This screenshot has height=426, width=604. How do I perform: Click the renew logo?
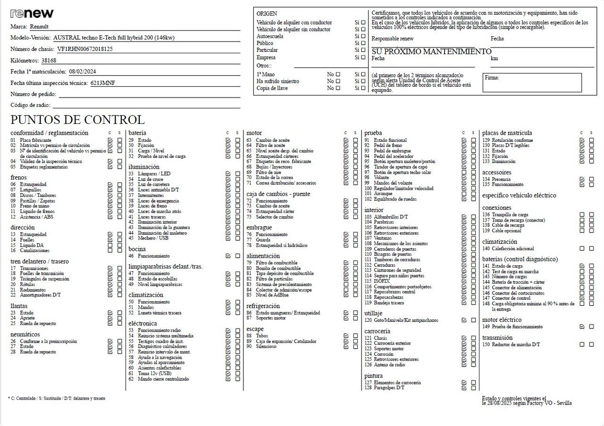pos(32,13)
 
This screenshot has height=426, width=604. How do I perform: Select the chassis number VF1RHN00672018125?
pos(85,49)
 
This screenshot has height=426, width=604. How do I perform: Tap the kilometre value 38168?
pos(49,60)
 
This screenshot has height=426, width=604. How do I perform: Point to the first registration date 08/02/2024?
pos(85,72)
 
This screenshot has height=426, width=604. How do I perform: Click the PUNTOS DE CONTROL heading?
pos(77,120)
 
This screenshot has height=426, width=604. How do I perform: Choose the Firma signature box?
pos(532,82)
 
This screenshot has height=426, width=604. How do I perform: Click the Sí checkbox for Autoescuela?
pos(363,36)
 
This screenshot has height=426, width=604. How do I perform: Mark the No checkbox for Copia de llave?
pos(338,88)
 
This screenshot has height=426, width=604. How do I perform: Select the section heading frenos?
pos(18,177)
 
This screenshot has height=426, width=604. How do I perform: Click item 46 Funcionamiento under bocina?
pos(153,256)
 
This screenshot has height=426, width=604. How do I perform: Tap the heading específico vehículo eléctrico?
pos(519,195)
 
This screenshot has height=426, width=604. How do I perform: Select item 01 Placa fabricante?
pos(35,140)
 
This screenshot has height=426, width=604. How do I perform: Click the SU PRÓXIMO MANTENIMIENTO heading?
pos(431,51)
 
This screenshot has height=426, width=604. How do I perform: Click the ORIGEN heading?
pos(267,14)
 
